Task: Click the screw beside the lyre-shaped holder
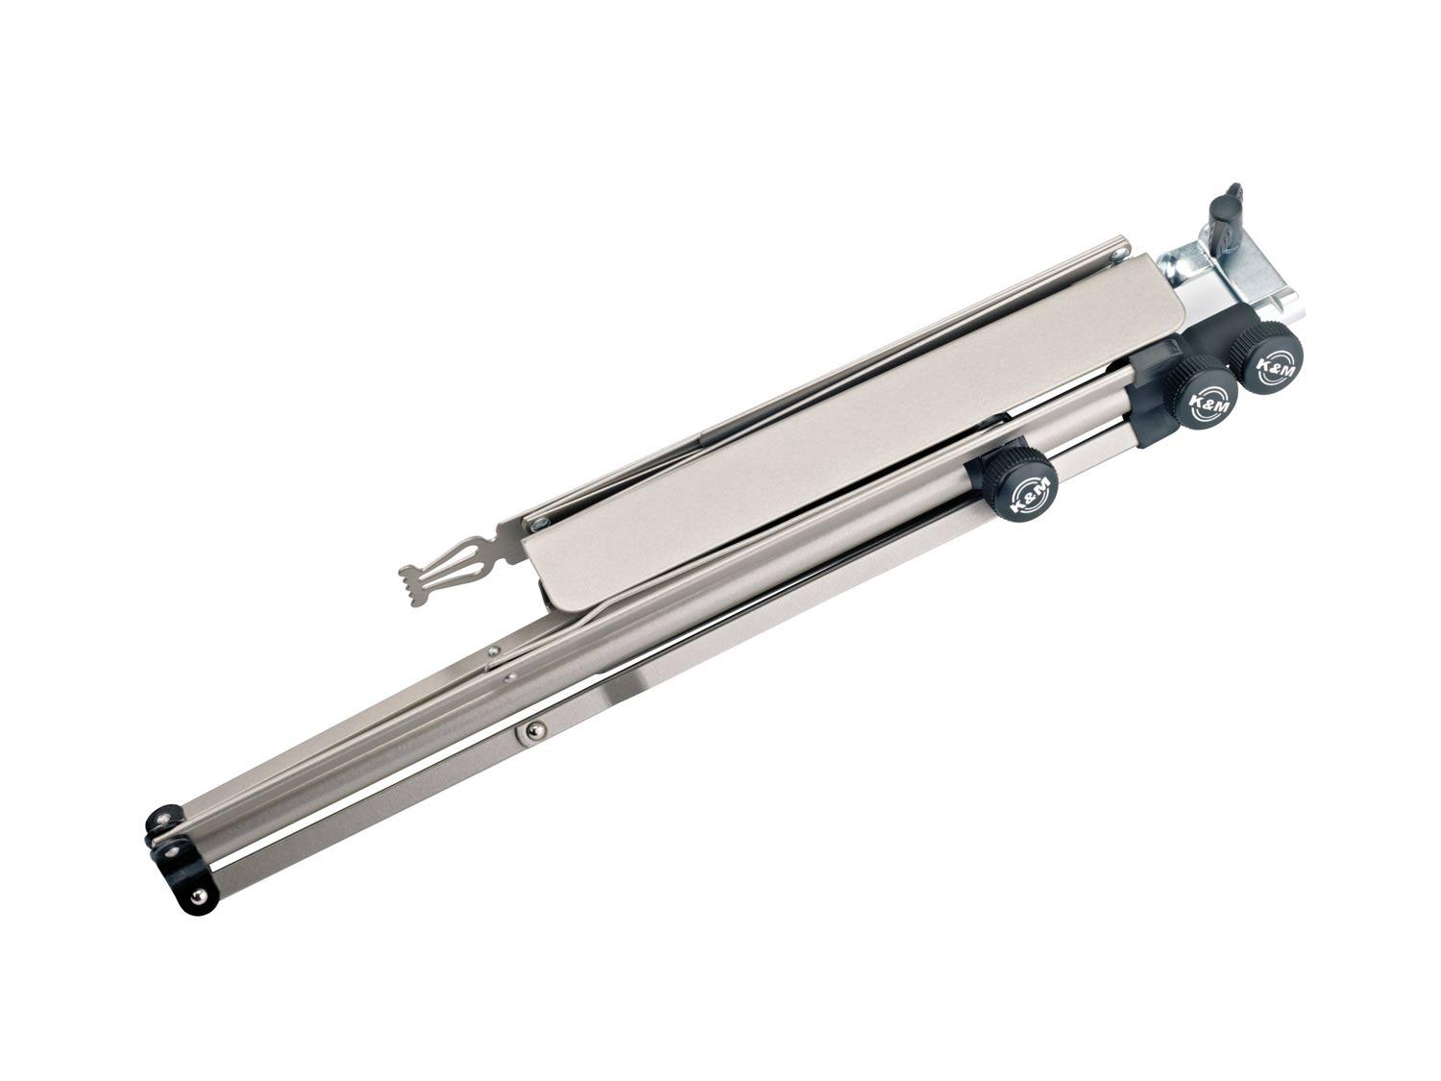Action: (540, 523)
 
